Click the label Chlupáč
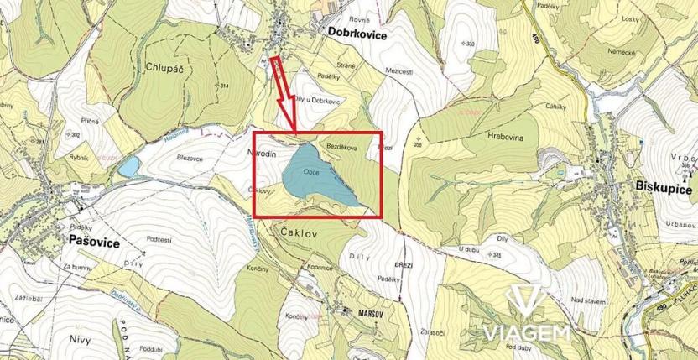click(164, 68)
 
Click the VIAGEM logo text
click(525, 333)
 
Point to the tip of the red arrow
click(295, 133)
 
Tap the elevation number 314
click(224, 86)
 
